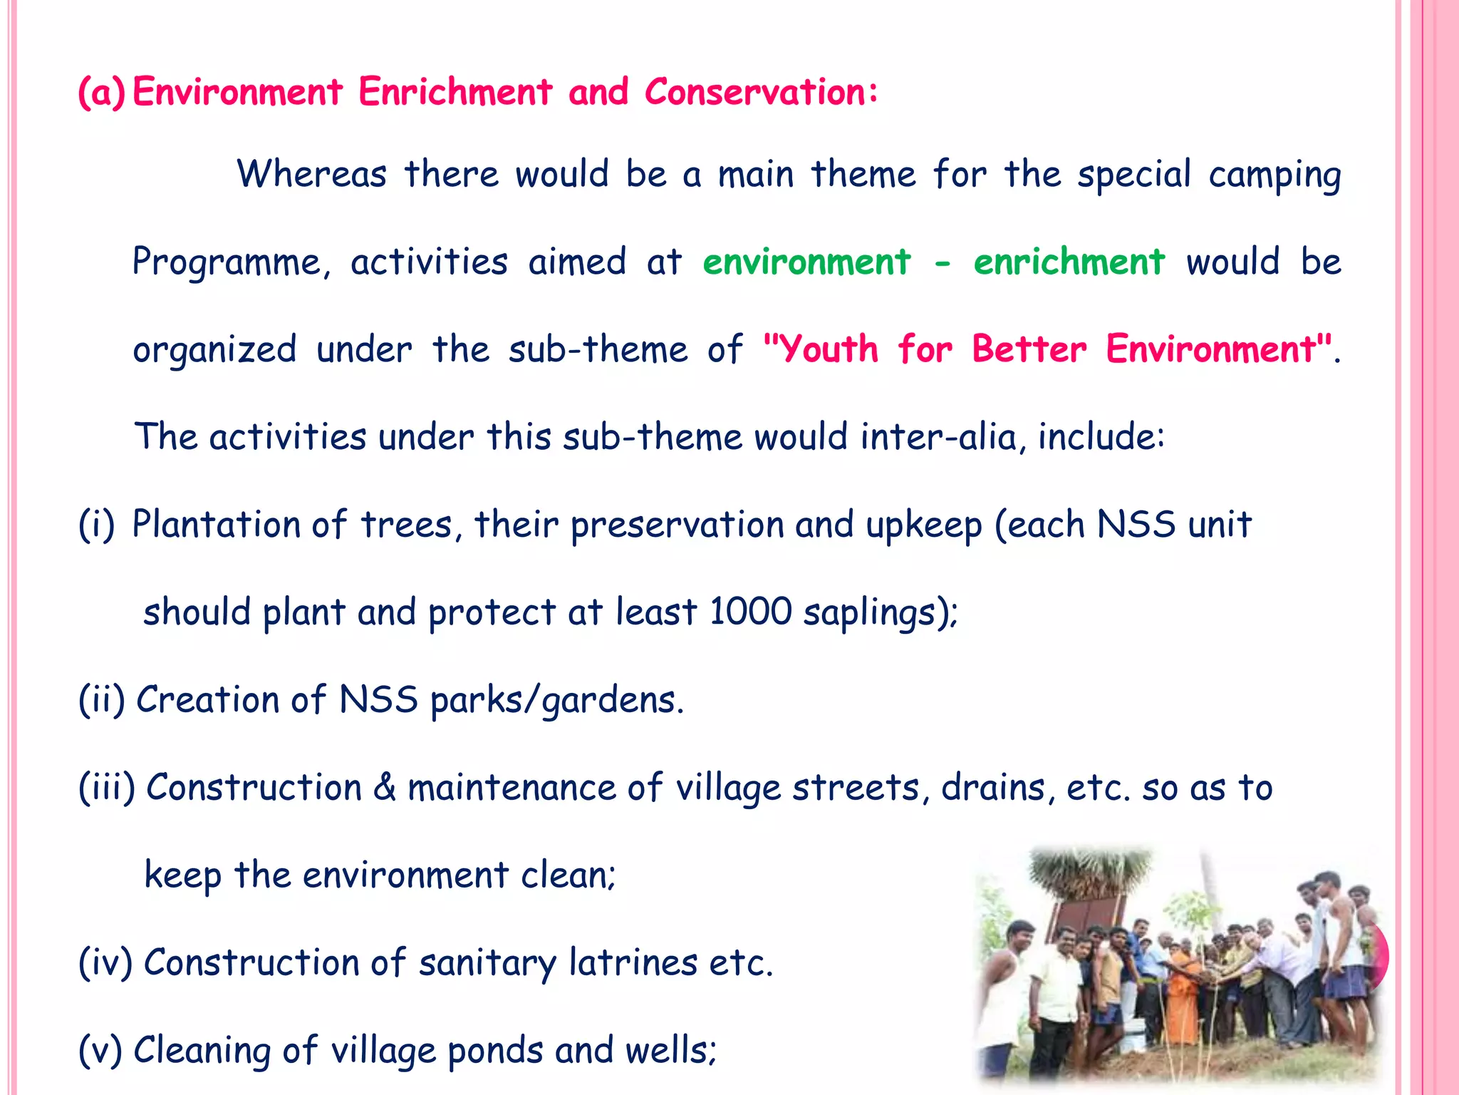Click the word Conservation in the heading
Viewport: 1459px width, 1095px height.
[x=761, y=93]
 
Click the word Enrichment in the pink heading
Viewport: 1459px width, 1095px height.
[x=455, y=93]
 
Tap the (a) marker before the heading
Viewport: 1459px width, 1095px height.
[x=101, y=93]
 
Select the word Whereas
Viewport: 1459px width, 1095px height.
[x=312, y=175]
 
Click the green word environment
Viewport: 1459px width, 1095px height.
[x=806, y=262]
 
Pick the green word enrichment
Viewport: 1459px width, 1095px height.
[x=1069, y=262]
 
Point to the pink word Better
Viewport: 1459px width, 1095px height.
[x=1029, y=350]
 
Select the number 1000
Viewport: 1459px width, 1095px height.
[x=750, y=612]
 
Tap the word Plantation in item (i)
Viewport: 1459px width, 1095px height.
[x=217, y=525]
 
